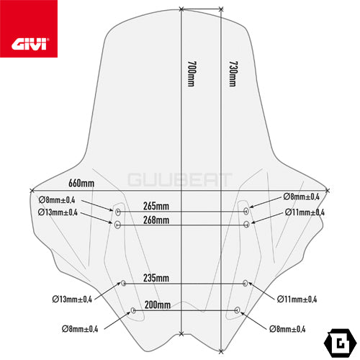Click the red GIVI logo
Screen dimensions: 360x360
click(x=29, y=29)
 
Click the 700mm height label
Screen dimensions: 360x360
click(x=192, y=73)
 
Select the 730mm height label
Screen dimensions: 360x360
click(x=233, y=73)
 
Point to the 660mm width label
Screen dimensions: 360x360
click(x=81, y=183)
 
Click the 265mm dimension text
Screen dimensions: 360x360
click(x=156, y=206)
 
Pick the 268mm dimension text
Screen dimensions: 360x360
click(x=156, y=220)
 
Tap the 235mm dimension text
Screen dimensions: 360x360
click(x=156, y=278)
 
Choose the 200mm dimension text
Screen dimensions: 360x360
click(x=158, y=305)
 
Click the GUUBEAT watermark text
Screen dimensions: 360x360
click(x=180, y=180)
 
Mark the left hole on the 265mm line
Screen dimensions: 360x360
click(x=118, y=212)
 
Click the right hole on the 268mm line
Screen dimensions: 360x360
click(x=246, y=225)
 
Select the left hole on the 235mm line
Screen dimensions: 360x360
click(x=124, y=283)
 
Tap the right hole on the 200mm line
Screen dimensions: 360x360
click(x=237, y=310)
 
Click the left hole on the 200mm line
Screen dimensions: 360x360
click(x=133, y=310)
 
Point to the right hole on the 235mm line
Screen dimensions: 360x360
click(x=245, y=283)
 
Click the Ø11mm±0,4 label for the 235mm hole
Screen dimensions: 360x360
click(x=297, y=299)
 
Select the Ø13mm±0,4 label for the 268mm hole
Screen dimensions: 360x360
click(x=58, y=212)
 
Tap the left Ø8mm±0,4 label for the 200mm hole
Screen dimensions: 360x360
click(x=80, y=329)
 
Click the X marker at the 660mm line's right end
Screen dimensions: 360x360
click(x=328, y=191)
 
